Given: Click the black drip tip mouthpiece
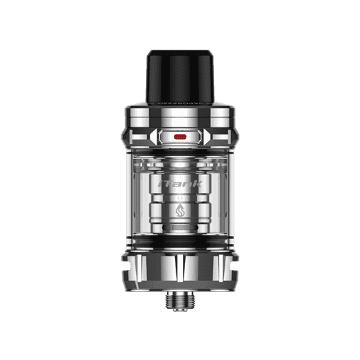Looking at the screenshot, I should coord(179,76).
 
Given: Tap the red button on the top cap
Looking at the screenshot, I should coord(180,135).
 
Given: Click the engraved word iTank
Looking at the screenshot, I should coord(181,186).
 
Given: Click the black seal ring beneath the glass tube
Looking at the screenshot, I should coord(180,243).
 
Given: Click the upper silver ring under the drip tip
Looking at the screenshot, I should coord(180,111).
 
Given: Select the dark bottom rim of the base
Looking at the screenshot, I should coord(180,285).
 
